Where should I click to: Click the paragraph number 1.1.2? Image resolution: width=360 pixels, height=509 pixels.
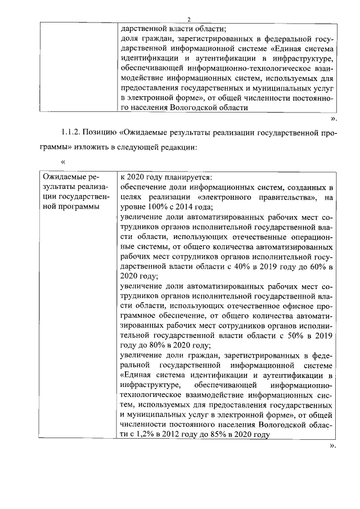(x=72, y=132)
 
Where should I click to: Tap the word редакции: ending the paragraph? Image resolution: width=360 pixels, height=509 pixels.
(x=179, y=147)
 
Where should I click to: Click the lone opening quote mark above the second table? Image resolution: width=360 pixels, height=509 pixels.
(x=62, y=163)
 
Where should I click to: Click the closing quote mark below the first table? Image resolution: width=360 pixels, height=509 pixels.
(x=333, y=119)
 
